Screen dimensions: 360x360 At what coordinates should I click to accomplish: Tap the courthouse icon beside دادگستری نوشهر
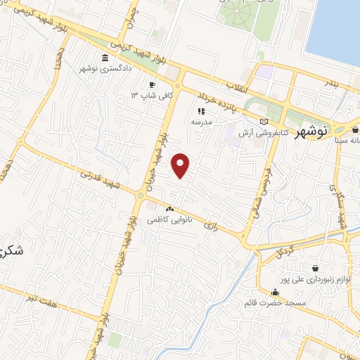point(105,58)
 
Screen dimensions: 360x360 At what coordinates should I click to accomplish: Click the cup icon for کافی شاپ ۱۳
point(152,84)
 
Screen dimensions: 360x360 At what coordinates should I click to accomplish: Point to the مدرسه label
point(201,121)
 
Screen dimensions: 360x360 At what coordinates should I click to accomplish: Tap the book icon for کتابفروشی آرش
point(263,122)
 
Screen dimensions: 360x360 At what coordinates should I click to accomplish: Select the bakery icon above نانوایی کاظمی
point(169,209)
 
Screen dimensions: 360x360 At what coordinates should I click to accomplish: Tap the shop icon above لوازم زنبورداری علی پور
point(314,268)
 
